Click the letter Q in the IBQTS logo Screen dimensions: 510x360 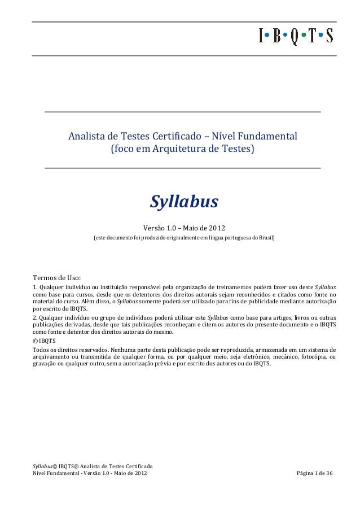293,37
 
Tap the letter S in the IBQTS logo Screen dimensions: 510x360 328,37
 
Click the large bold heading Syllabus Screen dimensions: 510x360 183,202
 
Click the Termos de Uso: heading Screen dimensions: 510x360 57,277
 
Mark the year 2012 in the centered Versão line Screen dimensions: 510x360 215,228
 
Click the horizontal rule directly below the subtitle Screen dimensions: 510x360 182,168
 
